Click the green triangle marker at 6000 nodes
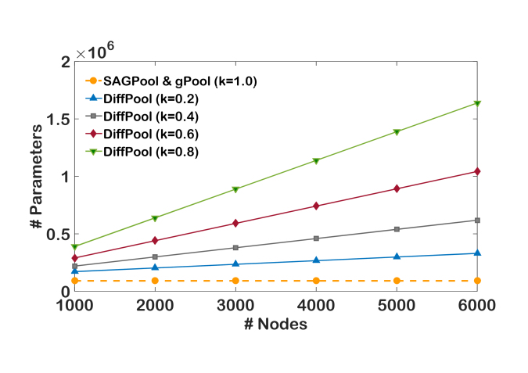click(477, 103)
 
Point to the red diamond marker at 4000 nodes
click(316, 206)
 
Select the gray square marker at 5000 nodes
click(397, 229)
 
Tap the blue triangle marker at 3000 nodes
click(235, 264)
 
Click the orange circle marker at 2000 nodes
click(155, 281)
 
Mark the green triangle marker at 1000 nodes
click(74, 246)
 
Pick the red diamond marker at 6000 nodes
click(477, 171)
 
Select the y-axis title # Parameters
click(35, 176)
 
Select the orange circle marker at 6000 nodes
click(477, 281)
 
